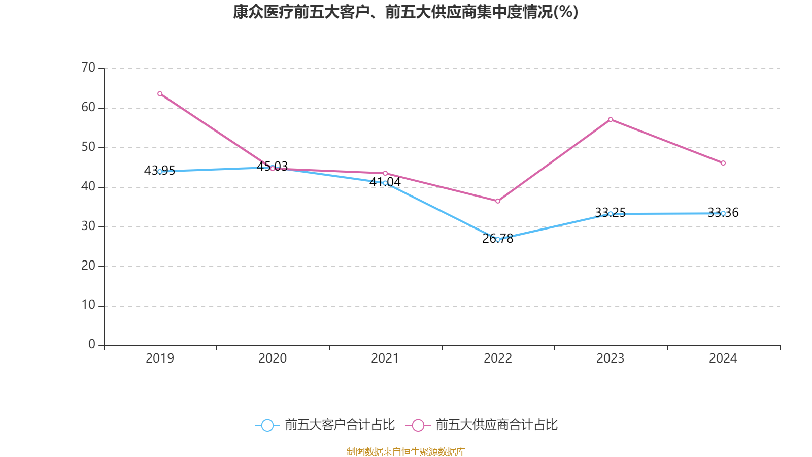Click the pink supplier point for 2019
pos(160,93)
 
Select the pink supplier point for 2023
pos(611,119)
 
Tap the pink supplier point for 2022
pos(498,201)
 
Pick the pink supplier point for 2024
pos(723,163)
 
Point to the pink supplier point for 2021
pos(385,173)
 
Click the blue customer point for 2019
pos(160,172)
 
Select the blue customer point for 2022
pos(498,239)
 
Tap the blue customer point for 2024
pos(723,213)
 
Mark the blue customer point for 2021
pos(385,183)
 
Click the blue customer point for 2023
pos(611,214)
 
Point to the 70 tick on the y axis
pos(88,68)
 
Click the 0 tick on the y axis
pos(92,345)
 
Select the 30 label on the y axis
pos(88,226)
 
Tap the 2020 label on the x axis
pos(273,358)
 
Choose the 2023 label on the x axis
pos(611,358)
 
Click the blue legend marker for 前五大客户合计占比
pos(267,425)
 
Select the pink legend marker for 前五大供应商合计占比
pos(418,425)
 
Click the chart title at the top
pos(405,12)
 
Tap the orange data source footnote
pos(405,451)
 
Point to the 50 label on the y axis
pos(88,147)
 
